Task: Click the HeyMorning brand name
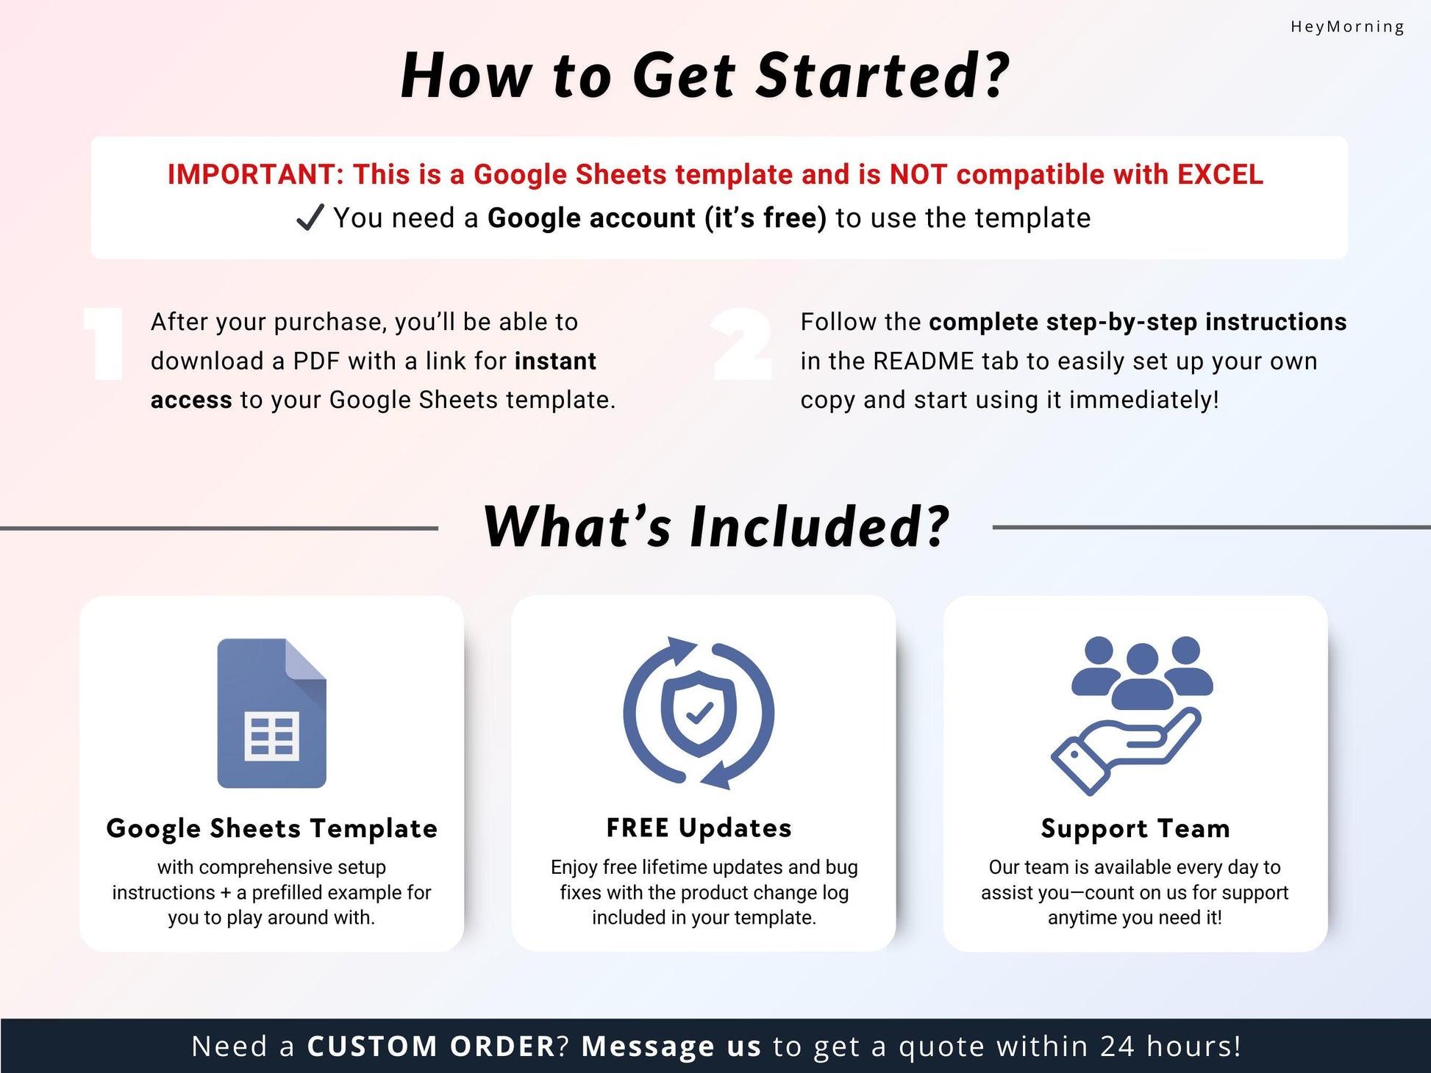(1347, 27)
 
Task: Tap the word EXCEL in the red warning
(1220, 174)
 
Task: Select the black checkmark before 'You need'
(310, 218)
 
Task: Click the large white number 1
(104, 343)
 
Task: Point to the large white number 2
(742, 343)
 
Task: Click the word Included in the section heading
(819, 526)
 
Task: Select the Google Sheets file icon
(271, 713)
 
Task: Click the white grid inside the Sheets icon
(271, 735)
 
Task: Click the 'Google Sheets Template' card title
(272, 828)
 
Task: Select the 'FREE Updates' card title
(699, 828)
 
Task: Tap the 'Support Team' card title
(1135, 828)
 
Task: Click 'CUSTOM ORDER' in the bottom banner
(431, 1046)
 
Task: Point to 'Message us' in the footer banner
(671, 1046)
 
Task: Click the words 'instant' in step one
(555, 361)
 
